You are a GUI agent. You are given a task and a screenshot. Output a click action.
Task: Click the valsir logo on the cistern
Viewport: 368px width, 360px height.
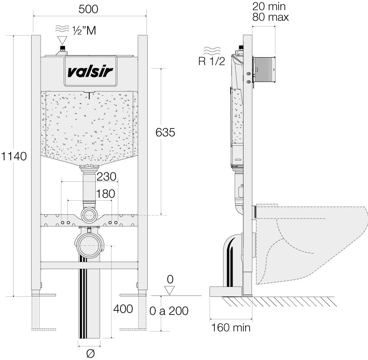[x=91, y=71]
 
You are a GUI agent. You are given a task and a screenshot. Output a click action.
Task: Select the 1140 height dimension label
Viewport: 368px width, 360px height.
[x=14, y=156]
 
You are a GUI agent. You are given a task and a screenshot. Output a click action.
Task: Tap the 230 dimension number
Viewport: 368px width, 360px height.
[x=107, y=176]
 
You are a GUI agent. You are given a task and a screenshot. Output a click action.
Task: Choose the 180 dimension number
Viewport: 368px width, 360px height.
[x=105, y=193]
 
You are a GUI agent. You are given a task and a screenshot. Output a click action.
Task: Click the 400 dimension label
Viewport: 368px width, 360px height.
[x=123, y=309]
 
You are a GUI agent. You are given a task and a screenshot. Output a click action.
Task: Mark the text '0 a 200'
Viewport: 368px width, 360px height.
[x=168, y=310]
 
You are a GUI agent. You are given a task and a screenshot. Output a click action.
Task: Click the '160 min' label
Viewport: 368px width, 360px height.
[x=231, y=327]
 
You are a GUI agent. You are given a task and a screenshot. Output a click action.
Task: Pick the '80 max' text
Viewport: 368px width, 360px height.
[x=270, y=17]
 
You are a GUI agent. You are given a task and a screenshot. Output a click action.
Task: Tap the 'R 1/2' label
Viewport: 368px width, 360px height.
[x=211, y=61]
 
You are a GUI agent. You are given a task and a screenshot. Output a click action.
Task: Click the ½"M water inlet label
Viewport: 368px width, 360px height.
[x=84, y=30]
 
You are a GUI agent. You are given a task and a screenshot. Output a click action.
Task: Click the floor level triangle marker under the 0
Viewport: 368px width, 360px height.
[x=169, y=290]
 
